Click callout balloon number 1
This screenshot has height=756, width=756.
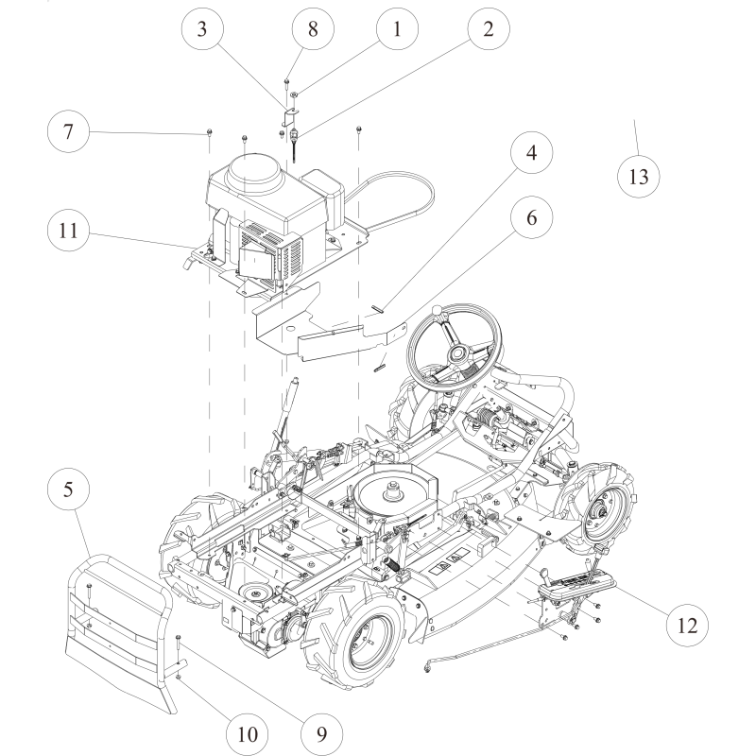tap(397, 29)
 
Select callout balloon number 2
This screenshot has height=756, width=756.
tap(488, 29)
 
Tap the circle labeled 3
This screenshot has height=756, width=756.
tap(200, 29)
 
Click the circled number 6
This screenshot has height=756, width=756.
tap(530, 217)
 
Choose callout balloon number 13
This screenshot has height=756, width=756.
tap(638, 176)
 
